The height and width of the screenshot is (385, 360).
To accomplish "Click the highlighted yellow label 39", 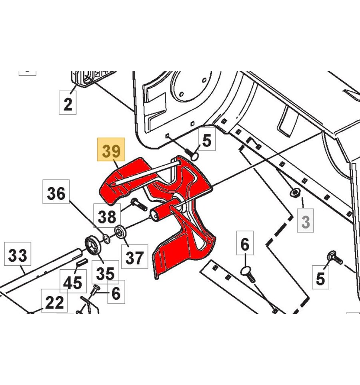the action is click(111, 149).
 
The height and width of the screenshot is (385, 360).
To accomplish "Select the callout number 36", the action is click(56, 192).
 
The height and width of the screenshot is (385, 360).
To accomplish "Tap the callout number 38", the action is click(107, 215).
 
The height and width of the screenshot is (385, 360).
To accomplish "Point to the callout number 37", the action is click(134, 257).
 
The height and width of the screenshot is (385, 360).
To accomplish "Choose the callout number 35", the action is click(105, 272).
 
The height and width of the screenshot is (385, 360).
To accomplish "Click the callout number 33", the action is click(18, 254).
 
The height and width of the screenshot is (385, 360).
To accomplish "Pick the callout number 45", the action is click(73, 281).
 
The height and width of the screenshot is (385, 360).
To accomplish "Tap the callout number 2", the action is click(68, 102).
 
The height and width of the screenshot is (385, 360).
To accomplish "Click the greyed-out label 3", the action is click(306, 221).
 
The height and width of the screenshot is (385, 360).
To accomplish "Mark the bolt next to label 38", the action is click(139, 205).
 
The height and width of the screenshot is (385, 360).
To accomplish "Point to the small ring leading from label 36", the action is click(106, 239).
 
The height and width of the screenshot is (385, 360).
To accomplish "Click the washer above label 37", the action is click(120, 232).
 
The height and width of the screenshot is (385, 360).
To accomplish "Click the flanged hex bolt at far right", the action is click(335, 258).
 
